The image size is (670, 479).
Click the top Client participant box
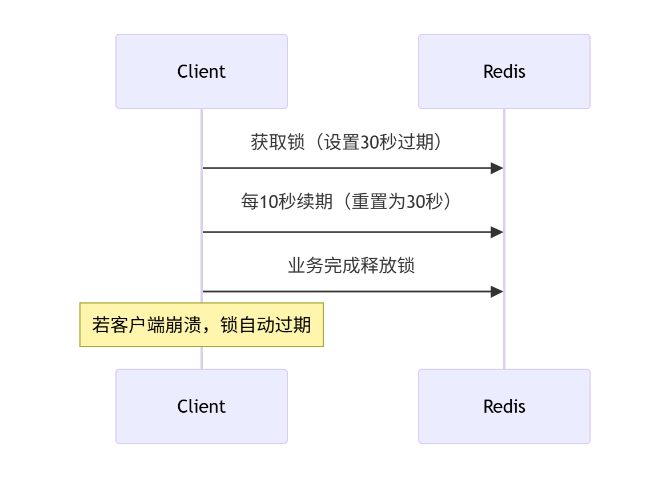click(201, 71)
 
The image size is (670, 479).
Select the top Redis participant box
click(504, 71)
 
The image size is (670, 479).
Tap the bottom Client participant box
click(201, 406)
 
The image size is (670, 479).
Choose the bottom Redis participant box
click(504, 406)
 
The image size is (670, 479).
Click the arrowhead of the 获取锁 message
click(497, 168)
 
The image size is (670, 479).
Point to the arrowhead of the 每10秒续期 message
click(497, 232)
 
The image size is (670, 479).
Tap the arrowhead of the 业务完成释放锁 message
click(497, 292)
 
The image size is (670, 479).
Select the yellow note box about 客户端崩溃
click(201, 325)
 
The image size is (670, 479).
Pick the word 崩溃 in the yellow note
click(182, 325)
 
